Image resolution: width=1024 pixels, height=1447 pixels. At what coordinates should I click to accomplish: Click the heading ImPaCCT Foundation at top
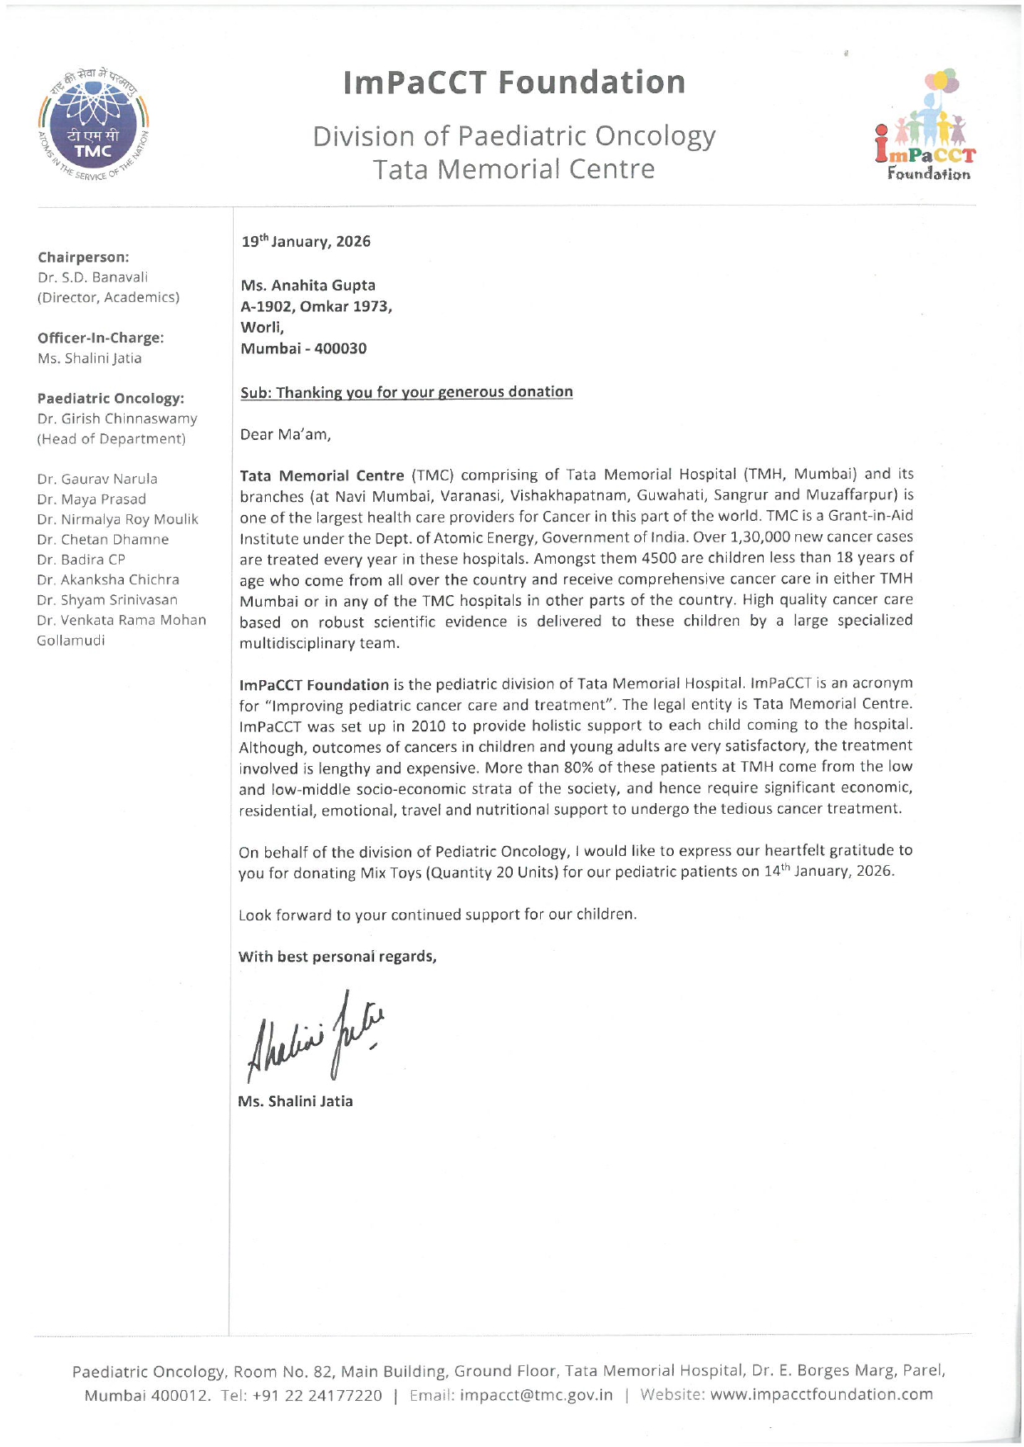point(514,83)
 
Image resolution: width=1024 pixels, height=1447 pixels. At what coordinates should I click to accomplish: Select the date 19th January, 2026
point(306,241)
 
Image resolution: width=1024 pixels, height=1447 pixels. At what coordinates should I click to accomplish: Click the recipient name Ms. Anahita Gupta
point(308,285)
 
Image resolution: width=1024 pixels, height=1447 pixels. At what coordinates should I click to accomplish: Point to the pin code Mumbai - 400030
point(303,348)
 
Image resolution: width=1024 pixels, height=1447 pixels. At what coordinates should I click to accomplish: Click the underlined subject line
point(406,392)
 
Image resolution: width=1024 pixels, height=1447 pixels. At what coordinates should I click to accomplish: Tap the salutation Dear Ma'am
point(285,434)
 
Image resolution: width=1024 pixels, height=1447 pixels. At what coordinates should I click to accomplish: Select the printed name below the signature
point(295,1101)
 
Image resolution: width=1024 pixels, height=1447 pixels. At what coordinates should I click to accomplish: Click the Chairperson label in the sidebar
point(83,258)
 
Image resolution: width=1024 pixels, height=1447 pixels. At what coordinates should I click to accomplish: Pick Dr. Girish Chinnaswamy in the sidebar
point(117,418)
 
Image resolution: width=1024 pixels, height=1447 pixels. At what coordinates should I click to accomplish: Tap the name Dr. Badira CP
point(81,560)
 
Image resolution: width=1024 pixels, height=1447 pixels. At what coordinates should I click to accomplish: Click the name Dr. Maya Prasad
point(91,499)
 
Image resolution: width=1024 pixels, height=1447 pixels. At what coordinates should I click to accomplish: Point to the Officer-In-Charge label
point(100,338)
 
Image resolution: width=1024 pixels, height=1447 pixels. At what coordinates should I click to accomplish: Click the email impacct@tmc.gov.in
point(536,1395)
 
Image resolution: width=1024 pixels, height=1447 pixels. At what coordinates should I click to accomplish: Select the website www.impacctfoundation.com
point(821,1395)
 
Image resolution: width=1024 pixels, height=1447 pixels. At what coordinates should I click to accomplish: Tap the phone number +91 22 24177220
point(317,1395)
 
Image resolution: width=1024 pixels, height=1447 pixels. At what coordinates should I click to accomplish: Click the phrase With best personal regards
point(337,957)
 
